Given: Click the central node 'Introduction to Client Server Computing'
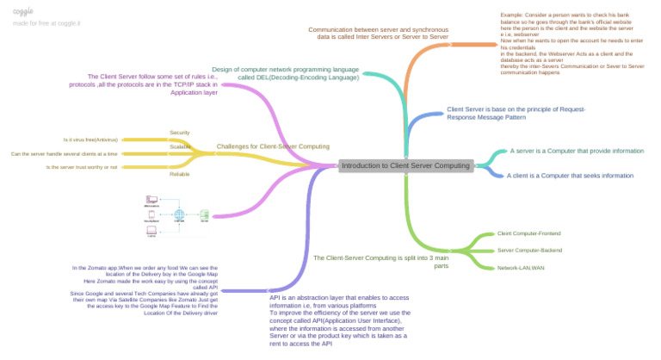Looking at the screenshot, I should pos(405,165).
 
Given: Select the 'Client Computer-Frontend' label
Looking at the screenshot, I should pos(528,233).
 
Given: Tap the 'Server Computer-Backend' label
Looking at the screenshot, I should pos(529,250).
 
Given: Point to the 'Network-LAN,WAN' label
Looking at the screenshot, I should pos(521,268).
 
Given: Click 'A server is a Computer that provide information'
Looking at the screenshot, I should pos(577,151).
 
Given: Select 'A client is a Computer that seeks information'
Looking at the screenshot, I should pos(570,175).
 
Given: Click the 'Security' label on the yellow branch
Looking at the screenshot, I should pos(179,133).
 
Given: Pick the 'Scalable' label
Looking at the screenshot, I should pos(180,146).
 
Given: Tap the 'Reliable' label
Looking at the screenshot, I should pos(180,174).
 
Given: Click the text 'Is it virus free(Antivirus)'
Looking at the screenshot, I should pos(91,140).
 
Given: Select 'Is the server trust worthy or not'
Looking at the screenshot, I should pos(82,167).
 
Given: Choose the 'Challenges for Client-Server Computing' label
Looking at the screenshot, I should pos(273,146).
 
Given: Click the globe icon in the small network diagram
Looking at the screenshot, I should pos(180,214).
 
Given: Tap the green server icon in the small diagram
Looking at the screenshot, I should pos(204,214).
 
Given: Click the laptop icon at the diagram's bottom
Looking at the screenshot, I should pos(151,230).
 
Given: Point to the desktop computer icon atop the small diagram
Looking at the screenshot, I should pos(151,200).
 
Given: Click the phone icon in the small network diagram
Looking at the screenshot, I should pos(151,215).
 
